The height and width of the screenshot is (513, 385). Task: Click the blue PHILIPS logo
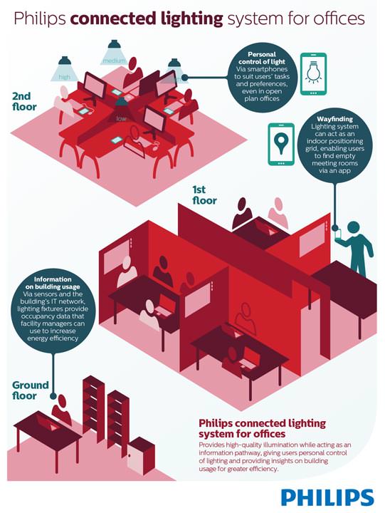[327, 497]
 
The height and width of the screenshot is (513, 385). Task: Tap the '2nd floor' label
[24, 101]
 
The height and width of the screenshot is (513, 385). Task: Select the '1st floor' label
[204, 195]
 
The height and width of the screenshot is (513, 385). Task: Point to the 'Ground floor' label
[31, 390]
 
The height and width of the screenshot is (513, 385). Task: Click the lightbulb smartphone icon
[313, 74]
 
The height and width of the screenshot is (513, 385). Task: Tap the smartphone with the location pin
[281, 144]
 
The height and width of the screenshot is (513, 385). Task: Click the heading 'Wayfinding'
[334, 119]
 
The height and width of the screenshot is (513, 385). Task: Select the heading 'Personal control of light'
[262, 58]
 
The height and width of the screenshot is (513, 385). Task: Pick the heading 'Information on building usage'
[53, 283]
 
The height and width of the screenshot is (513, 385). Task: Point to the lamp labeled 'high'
[64, 68]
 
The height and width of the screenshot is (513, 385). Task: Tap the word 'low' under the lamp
[121, 118]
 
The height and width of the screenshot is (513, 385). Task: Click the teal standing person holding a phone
[355, 248]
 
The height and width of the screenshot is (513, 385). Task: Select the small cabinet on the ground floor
[140, 456]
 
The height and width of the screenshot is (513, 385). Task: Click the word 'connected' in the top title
[113, 19]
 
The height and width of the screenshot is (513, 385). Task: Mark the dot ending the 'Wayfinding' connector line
[334, 228]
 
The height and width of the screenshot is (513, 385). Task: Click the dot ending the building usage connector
[53, 396]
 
